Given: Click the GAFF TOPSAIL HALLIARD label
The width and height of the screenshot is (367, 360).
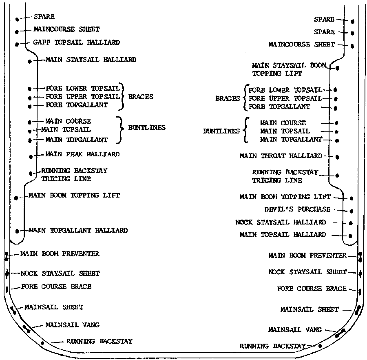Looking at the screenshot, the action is point(77,42).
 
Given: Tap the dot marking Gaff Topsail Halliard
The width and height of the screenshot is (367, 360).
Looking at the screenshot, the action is point(17,44).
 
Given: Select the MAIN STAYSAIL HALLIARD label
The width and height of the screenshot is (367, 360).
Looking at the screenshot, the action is point(91,60).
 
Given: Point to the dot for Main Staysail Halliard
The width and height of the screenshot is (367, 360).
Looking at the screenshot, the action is point(30,62).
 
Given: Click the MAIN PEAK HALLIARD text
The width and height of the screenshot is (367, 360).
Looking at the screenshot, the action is point(82,154).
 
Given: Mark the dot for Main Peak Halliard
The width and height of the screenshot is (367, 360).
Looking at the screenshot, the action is point(31,156).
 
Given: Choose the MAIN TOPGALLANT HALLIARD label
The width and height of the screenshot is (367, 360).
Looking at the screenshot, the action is point(78,230).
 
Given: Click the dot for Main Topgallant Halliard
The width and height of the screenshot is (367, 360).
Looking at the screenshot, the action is point(17,231).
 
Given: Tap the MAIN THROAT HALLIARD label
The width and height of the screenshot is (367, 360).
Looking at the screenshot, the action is point(281,156).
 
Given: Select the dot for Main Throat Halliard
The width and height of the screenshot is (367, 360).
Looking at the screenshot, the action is point(337,157).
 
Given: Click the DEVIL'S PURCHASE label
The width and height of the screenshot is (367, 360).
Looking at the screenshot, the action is point(298,209).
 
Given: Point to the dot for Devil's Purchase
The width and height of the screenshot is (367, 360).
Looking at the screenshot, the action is point(352,211).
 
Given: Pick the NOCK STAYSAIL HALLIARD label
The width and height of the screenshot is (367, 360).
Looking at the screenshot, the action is point(281,222).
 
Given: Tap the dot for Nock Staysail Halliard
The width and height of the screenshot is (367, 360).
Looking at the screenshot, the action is point(351,223).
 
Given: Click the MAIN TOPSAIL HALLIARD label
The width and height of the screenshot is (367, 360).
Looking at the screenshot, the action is point(283,234).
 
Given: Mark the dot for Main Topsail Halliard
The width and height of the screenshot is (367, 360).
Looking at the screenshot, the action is point(350,236).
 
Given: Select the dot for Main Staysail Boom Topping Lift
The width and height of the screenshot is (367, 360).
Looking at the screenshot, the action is point(337,68).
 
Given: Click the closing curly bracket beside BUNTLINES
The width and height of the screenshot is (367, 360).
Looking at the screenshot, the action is point(120,129).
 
